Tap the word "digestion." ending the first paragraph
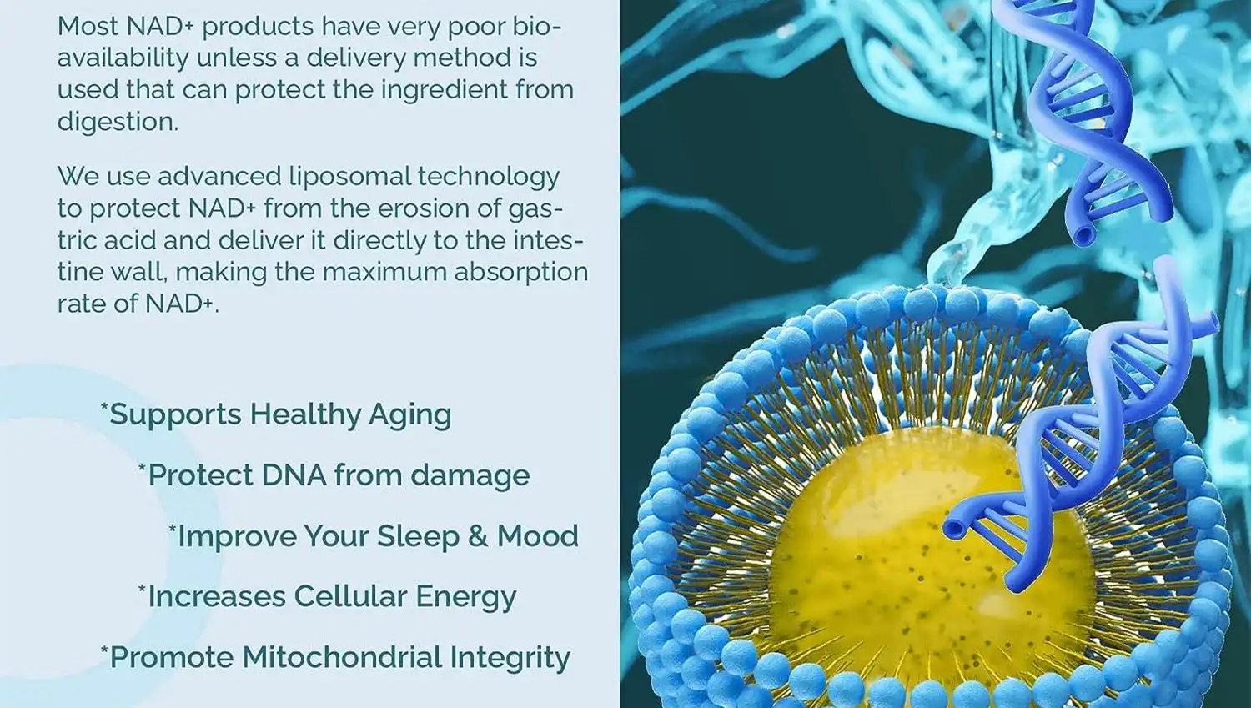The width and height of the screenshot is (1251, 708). (x=118, y=122)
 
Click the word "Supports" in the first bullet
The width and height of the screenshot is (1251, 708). (x=176, y=415)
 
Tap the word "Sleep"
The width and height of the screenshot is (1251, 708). (x=418, y=536)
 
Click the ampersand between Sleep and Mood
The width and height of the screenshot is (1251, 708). (x=478, y=536)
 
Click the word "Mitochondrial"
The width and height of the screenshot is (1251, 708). (x=342, y=657)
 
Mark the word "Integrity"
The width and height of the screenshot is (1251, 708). (x=510, y=658)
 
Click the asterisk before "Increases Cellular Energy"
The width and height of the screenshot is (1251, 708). (x=142, y=589)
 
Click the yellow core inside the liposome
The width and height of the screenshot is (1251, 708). (x=876, y=567)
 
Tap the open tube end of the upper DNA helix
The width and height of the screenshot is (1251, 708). (x=1083, y=236)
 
